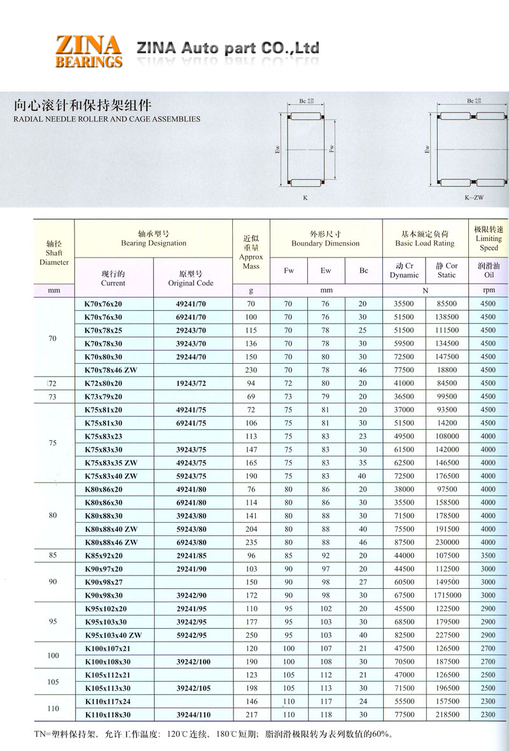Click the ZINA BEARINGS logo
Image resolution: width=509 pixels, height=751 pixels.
(89, 51)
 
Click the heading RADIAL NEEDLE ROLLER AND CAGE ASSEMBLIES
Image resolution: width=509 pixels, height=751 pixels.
(107, 119)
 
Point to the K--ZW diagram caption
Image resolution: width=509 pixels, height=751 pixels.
(474, 198)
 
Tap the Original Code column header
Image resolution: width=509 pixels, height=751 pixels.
(191, 279)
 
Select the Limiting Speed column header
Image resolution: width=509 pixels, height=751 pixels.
(489, 238)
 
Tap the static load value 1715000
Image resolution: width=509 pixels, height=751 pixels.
(446, 595)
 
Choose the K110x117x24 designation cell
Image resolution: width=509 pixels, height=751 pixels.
(107, 701)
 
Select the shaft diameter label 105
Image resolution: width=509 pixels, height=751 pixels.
(53, 682)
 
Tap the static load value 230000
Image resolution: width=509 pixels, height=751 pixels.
(446, 542)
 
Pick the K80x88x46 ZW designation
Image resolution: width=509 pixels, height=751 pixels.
(111, 542)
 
